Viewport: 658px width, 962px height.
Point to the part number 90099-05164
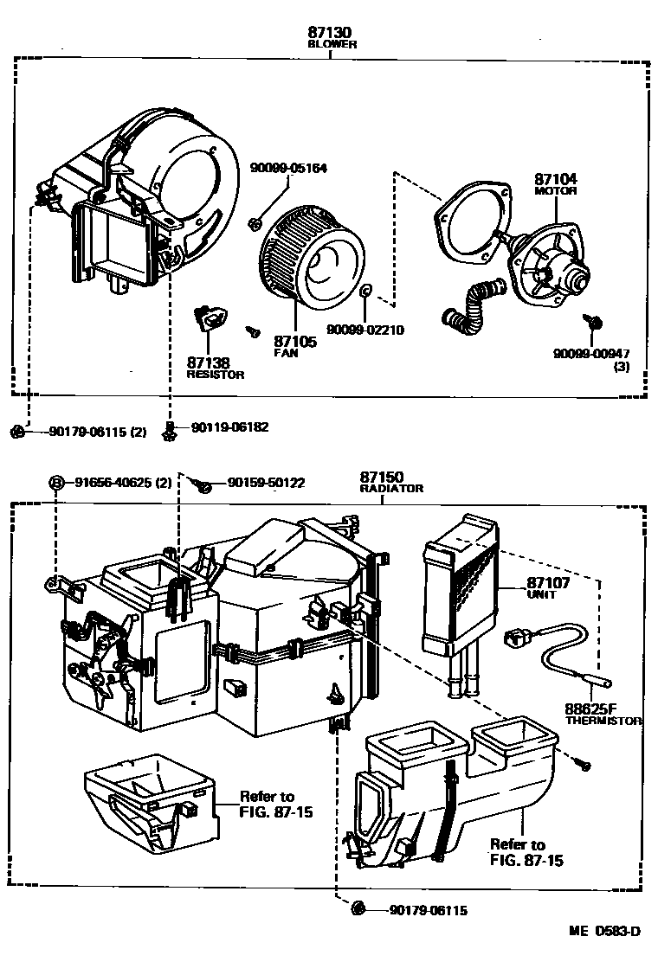click(x=289, y=168)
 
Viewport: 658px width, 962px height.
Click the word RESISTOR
click(x=216, y=375)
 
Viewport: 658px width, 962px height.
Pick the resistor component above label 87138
click(x=210, y=317)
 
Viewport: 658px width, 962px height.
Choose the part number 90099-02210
click(x=365, y=330)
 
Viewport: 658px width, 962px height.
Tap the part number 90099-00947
click(x=592, y=353)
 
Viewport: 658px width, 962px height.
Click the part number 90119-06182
click(x=229, y=427)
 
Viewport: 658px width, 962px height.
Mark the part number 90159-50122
click(x=266, y=482)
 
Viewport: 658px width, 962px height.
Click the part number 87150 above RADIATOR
click(x=382, y=477)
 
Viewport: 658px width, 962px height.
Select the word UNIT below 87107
click(x=540, y=595)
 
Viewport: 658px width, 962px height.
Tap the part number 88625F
click(x=590, y=709)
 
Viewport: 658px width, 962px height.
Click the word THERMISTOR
click(x=603, y=720)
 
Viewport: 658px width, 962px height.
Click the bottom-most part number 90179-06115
click(x=429, y=909)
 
